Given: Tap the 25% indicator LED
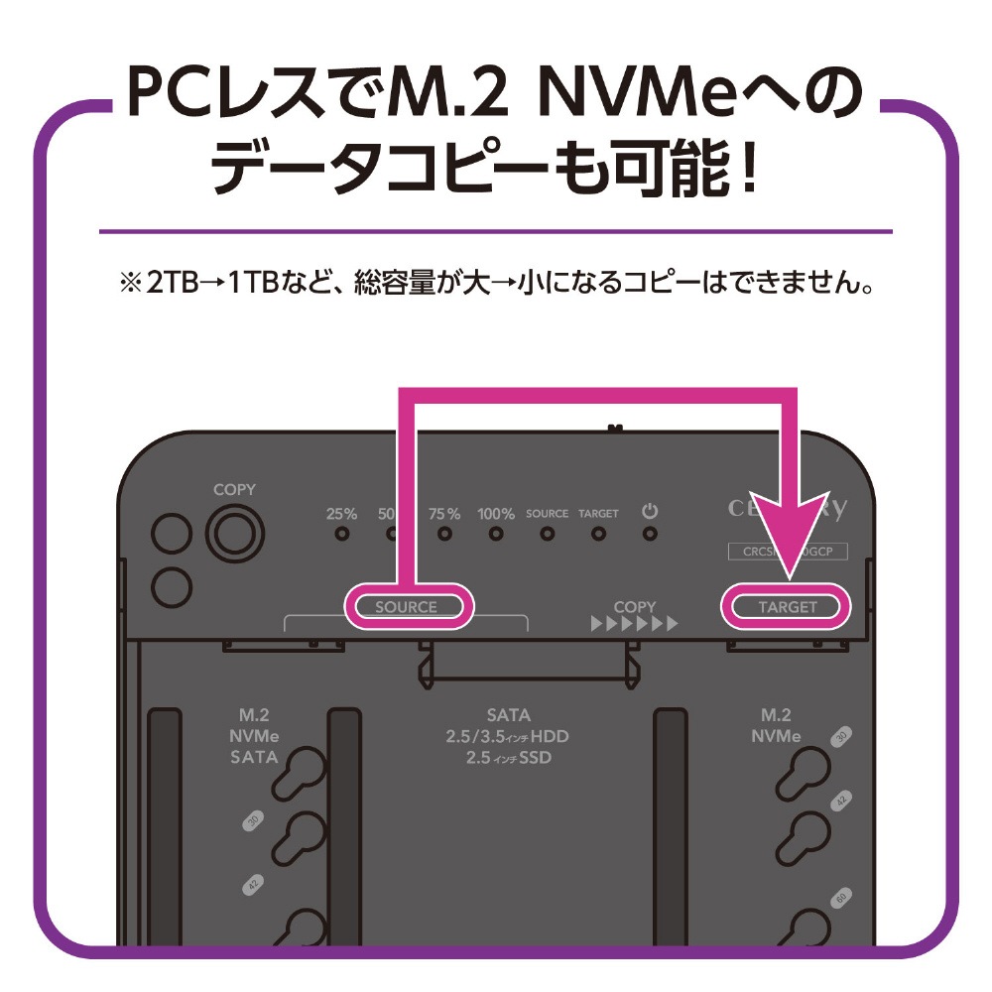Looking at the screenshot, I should pos(341,534).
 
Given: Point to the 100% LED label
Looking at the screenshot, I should pos(495,514).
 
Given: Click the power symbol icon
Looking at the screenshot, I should pos(650,512).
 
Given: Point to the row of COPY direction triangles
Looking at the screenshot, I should pos(634,625).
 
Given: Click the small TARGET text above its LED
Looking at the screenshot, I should pos(598,514).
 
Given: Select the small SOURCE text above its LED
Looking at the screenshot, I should pos(547,514).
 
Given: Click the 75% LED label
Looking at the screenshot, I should pos(444,514).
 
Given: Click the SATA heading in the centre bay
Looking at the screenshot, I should pos(508,715).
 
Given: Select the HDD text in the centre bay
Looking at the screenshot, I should pos(548,737).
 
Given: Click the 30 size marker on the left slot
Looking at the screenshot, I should pos(252,822).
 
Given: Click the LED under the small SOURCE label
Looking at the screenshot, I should pos(547,534).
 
